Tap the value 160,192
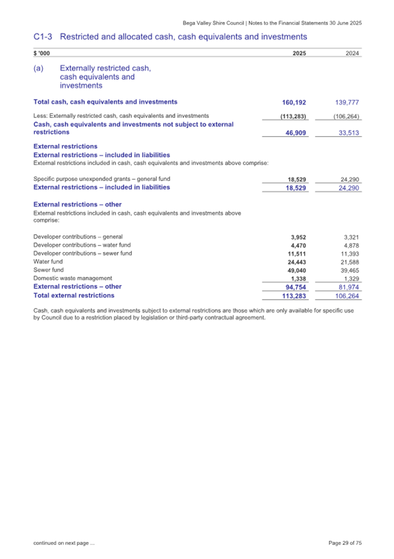pyautogui.click(x=295, y=102)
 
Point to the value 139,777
pyautogui.click(x=348, y=102)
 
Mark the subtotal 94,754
pyautogui.click(x=296, y=287)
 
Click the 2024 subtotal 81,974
pyautogui.click(x=349, y=287)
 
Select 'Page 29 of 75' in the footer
pyautogui.click(x=345, y=543)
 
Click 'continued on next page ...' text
pyautogui.click(x=65, y=543)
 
